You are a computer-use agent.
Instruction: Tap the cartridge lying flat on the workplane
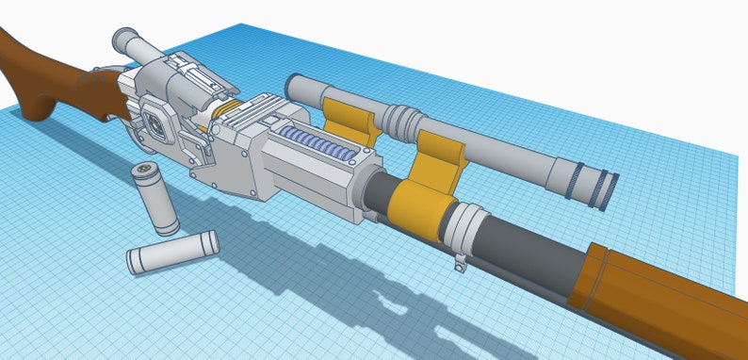173,251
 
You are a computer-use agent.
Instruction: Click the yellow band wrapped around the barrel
416,206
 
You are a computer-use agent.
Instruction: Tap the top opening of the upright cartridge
143,172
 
